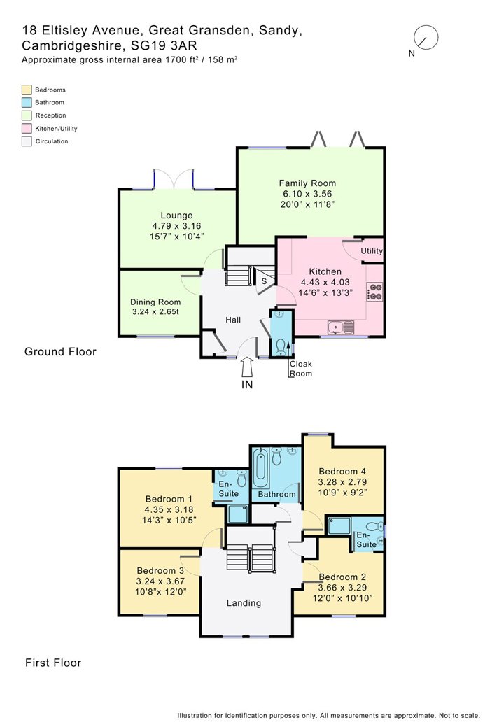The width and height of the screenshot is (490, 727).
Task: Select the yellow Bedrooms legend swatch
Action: click(27, 90)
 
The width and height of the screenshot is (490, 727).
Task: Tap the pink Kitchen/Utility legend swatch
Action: click(27, 128)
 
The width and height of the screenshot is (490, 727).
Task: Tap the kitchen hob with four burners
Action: click(374, 290)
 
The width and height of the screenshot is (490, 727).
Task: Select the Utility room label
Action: click(372, 250)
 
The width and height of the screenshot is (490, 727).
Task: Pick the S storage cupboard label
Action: click(264, 281)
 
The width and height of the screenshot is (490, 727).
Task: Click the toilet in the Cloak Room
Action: click(281, 345)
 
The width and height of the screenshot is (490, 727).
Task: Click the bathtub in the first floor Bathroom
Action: click(261, 467)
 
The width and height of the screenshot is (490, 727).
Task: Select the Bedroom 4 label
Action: click(342, 471)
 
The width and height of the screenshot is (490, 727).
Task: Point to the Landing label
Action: click(244, 602)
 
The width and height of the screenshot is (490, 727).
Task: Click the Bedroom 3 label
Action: click(160, 570)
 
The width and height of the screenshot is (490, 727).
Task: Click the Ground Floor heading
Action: click(60, 351)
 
